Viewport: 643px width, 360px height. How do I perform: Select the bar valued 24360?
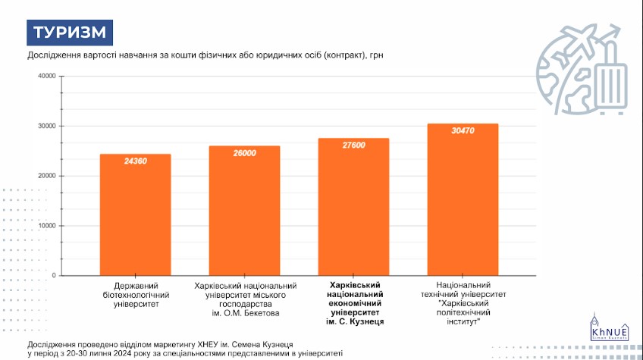(x=136, y=216)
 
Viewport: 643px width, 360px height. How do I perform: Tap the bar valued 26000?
(x=244, y=212)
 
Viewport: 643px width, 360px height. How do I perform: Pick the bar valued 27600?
(x=353, y=208)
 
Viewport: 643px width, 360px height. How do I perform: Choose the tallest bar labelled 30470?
(x=463, y=201)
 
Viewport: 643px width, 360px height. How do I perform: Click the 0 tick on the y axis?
(x=55, y=276)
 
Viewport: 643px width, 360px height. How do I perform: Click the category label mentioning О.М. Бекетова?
(x=244, y=298)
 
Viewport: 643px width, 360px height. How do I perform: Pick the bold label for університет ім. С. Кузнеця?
(x=354, y=302)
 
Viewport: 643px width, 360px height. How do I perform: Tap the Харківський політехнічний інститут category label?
(x=463, y=302)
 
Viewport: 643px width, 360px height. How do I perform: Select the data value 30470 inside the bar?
(x=463, y=131)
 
